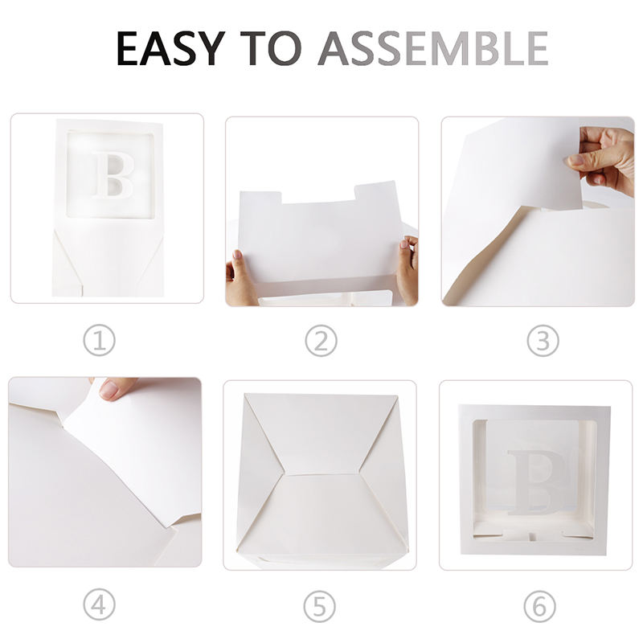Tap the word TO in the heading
pyautogui.click(x=271, y=48)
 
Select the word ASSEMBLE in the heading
pyautogui.click(x=433, y=48)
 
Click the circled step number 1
pyautogui.click(x=99, y=340)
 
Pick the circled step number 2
pyautogui.click(x=321, y=340)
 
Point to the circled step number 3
pyautogui.click(x=543, y=340)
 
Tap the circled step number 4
pyautogui.click(x=99, y=605)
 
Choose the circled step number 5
pyautogui.click(x=320, y=606)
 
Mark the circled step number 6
pyautogui.click(x=539, y=606)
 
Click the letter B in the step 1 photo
pyautogui.click(x=113, y=175)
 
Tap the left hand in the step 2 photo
pyautogui.click(x=239, y=280)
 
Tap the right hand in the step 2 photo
pyautogui.click(x=408, y=268)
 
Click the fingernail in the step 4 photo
pyautogui.click(x=109, y=390)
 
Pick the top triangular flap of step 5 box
pyautogui.click(x=321, y=435)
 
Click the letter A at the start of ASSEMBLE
pyautogui.click(x=335, y=48)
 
